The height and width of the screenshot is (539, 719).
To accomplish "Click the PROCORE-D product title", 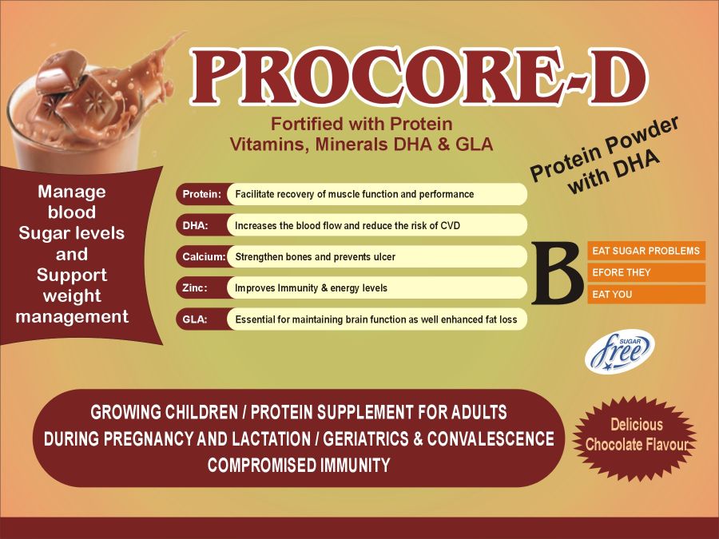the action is (x=419, y=77).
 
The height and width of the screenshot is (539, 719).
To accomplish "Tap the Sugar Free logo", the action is (x=619, y=351).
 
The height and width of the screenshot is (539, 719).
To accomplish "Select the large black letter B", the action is (x=558, y=272).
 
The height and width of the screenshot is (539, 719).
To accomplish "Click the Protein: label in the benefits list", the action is (x=202, y=194).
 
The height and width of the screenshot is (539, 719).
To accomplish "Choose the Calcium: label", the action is (x=204, y=256).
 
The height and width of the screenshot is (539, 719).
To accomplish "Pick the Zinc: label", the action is (x=195, y=287).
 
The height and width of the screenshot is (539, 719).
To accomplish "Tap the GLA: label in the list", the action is (x=195, y=319).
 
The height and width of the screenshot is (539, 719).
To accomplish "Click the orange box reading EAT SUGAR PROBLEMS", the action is (x=646, y=251).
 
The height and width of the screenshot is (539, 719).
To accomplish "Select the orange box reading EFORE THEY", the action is (x=646, y=272).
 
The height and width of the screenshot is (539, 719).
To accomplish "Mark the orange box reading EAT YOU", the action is (x=646, y=294).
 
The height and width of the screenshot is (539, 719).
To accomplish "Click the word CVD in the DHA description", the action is (x=450, y=225).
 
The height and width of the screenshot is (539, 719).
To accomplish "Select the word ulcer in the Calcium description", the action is (x=384, y=256).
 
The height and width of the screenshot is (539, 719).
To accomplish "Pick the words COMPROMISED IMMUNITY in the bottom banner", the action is (x=299, y=466).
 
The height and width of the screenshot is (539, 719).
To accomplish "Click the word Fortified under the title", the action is (x=307, y=124).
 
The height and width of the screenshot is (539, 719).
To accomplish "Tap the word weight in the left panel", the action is (x=72, y=296).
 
